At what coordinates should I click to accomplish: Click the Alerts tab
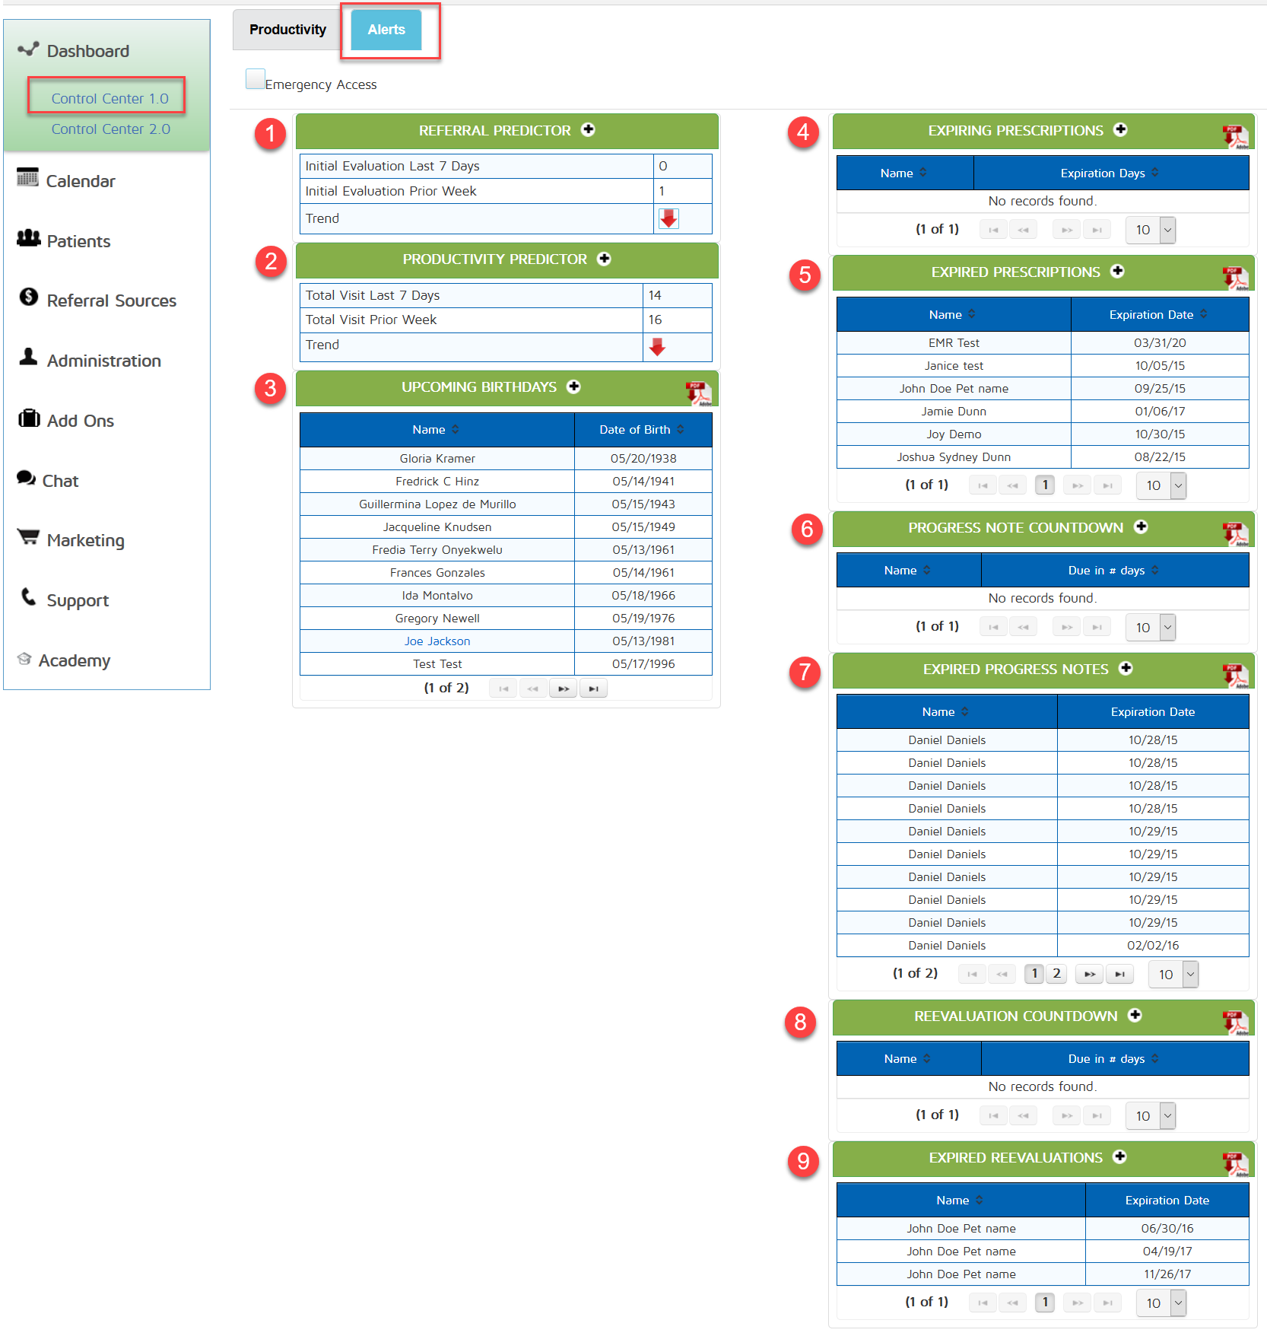386,30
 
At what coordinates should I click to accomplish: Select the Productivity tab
287,30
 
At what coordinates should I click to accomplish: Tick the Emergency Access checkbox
256,78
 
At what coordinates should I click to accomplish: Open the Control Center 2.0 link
111,129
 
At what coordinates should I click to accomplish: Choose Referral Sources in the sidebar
111,301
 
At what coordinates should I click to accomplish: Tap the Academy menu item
75,660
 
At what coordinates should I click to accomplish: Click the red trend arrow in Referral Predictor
668,219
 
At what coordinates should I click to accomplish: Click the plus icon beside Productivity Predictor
605,259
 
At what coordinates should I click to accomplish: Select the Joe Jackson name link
437,641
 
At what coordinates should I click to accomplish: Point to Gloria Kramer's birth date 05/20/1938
643,459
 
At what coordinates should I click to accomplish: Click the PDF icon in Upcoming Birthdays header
698,393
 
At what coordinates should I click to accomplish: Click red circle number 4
803,132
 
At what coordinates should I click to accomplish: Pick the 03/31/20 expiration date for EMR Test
1160,343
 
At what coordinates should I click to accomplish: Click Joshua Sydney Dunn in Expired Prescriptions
954,457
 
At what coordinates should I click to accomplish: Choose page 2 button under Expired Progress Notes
1056,974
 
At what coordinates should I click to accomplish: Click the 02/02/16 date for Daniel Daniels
1153,946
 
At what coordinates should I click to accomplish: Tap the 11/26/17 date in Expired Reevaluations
1167,1274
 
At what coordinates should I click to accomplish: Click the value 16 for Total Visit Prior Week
656,320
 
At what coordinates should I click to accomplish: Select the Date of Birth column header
636,430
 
